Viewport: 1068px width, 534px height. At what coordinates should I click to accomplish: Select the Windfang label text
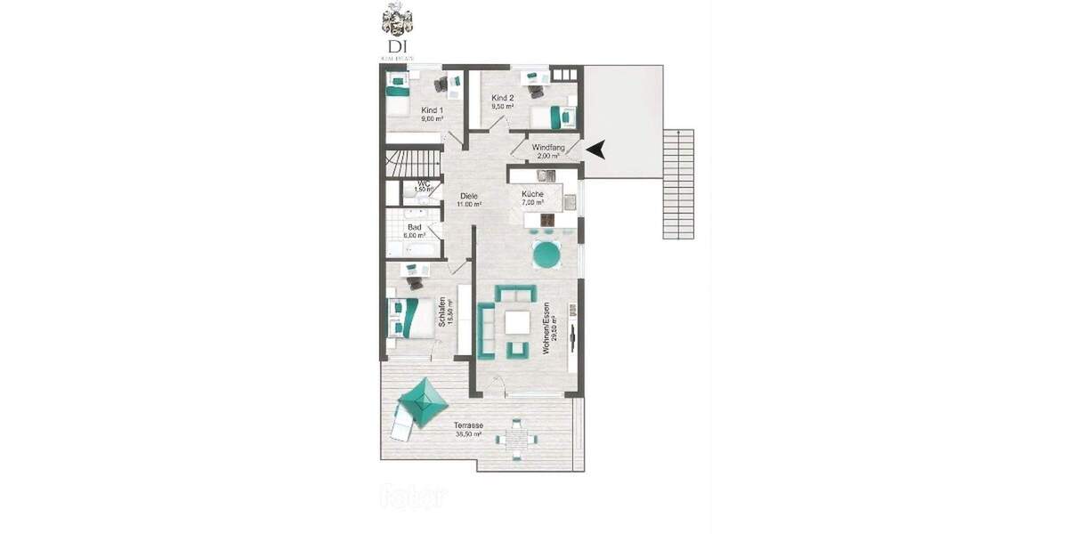pyautogui.click(x=548, y=148)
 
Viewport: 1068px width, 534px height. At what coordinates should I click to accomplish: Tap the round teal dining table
pyautogui.click(x=546, y=255)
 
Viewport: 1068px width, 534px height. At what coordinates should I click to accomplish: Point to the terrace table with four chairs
pyautogui.click(x=517, y=439)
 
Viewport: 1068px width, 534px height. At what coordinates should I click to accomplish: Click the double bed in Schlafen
pyautogui.click(x=404, y=316)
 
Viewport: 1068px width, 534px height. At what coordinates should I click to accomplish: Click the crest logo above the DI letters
pyautogui.click(x=397, y=20)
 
